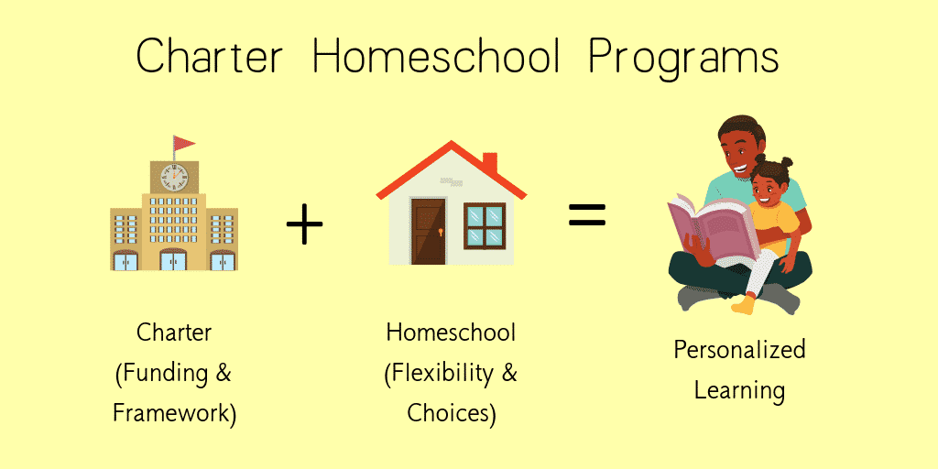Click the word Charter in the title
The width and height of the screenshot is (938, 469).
[210, 57]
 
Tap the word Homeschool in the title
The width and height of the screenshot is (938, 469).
[437, 57]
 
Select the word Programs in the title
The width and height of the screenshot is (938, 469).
[683, 60]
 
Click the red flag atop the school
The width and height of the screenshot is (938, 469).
[184, 144]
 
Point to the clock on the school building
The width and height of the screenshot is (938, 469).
[174, 178]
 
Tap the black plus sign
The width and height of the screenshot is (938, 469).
[304, 224]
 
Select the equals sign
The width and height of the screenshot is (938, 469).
[586, 214]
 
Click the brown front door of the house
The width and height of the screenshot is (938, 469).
[429, 232]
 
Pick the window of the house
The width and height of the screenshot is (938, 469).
[485, 226]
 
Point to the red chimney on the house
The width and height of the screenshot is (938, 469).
[490, 163]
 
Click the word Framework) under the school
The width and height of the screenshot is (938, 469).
[175, 413]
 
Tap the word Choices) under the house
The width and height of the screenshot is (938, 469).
[452, 413]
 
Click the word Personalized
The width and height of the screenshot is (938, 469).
[740, 350]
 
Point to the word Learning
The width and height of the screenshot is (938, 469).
[739, 390]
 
